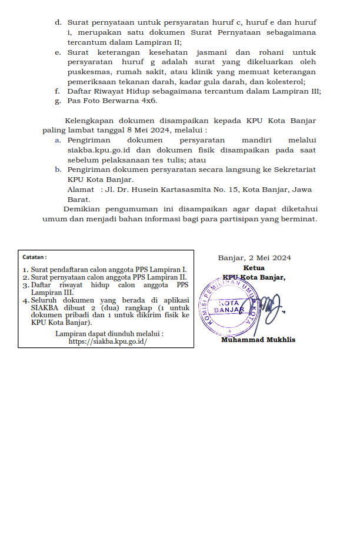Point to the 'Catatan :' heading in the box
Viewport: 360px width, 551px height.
coord(35,257)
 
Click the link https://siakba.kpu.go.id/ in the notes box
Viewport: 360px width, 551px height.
coord(108,341)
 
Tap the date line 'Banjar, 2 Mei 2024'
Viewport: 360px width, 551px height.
coord(254,257)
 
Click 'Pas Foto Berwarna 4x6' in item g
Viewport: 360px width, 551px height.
coord(112,101)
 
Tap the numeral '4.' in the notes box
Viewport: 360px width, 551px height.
coord(26,300)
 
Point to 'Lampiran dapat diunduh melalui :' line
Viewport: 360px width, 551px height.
coord(109,333)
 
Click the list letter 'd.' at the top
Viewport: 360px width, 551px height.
coord(58,22)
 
